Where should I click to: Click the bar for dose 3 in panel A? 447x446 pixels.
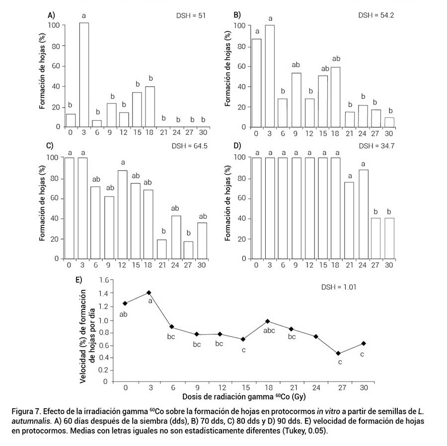coord(84,75)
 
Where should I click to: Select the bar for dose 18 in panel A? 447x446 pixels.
coord(149,107)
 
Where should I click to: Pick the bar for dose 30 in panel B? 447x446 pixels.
coord(389,122)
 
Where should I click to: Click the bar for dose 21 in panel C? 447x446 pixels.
coord(161,249)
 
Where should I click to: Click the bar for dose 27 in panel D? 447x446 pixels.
coord(375,239)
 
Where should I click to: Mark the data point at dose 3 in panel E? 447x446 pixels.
coord(149,292)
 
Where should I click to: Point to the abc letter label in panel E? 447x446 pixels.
coord(269,330)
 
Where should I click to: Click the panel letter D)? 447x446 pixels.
coord(237,146)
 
